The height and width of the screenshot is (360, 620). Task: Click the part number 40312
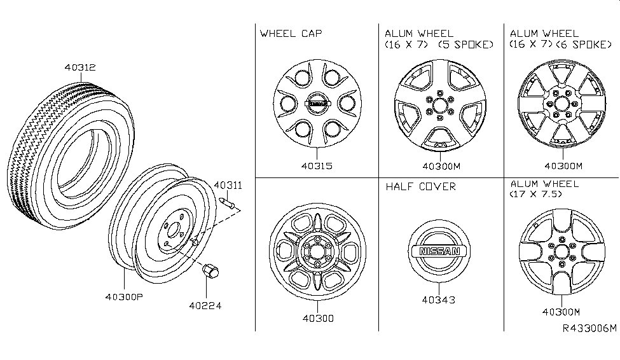coord(79,67)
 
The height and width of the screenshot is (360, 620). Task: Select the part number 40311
coord(228,186)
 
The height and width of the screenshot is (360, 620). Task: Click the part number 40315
coord(316,166)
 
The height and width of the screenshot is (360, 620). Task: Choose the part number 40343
coord(438,300)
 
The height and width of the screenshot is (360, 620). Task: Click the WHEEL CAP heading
coord(291,33)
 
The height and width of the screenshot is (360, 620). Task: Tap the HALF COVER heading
coord(420,186)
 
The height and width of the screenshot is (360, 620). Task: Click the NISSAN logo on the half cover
coord(438,252)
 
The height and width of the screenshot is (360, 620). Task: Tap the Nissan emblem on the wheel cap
coord(316,104)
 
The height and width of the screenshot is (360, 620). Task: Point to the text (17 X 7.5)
coord(537,194)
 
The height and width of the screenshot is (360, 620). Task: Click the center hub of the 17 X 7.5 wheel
coord(561,251)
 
